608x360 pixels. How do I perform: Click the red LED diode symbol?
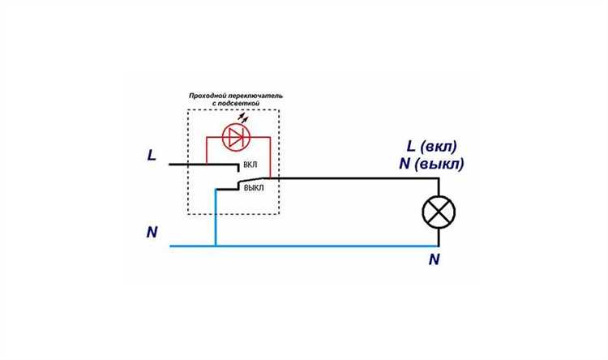(x=236, y=137)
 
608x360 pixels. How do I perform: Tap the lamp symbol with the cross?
(x=439, y=212)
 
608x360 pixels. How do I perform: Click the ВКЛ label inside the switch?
(x=250, y=165)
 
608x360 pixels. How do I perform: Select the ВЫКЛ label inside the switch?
(x=254, y=188)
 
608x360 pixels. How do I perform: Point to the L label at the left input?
(x=152, y=156)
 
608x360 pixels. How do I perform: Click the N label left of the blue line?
(x=152, y=232)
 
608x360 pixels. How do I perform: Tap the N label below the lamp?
(x=434, y=259)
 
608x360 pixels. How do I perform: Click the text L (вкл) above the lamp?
(x=432, y=147)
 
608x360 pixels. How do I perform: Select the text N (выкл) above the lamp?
(x=431, y=164)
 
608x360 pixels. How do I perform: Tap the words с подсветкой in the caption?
(x=236, y=104)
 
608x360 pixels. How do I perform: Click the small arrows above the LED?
(x=242, y=118)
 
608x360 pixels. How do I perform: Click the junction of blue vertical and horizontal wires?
(x=216, y=246)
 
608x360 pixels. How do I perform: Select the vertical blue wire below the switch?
(x=216, y=217)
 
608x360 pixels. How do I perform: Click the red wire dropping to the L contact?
(x=206, y=151)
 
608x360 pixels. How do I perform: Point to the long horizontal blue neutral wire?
(x=304, y=246)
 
